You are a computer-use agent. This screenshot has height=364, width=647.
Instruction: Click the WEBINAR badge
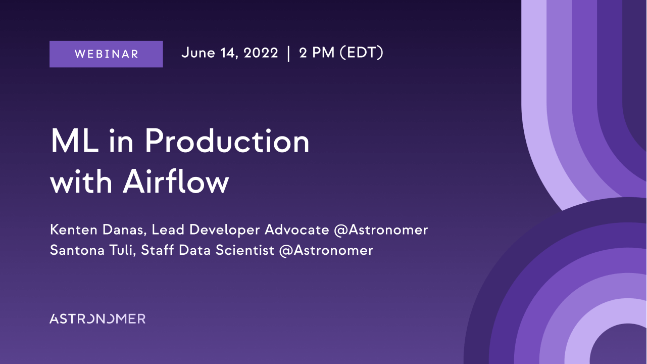(x=106, y=54)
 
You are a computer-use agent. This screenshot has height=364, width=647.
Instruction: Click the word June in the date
(x=198, y=53)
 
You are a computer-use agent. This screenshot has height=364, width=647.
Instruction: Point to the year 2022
(x=261, y=53)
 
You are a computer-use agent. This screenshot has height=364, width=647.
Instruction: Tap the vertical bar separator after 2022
(x=288, y=54)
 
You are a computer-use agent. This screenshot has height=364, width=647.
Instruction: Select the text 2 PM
(x=317, y=53)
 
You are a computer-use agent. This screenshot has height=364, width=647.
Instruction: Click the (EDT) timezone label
(x=361, y=53)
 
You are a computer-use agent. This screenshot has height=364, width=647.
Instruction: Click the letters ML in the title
(x=75, y=141)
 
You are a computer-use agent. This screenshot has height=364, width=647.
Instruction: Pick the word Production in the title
(x=227, y=141)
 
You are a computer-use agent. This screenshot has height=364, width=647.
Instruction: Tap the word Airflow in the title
(x=176, y=181)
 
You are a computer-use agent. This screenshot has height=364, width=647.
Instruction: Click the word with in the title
(x=81, y=181)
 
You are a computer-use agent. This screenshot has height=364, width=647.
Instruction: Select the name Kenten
(x=74, y=230)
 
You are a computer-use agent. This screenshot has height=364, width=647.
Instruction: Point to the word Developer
(x=225, y=231)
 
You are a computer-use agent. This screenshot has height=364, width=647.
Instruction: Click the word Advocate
(x=297, y=230)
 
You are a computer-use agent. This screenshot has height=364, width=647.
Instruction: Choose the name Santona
(x=77, y=250)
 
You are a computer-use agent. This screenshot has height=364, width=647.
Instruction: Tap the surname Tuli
(x=122, y=250)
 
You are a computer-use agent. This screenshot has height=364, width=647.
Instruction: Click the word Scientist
(x=245, y=250)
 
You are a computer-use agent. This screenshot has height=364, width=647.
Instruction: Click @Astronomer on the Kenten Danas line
(x=381, y=231)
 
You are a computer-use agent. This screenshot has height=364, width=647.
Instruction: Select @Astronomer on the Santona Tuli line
(x=326, y=251)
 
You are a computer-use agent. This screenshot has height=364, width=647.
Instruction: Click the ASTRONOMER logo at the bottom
(x=97, y=318)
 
